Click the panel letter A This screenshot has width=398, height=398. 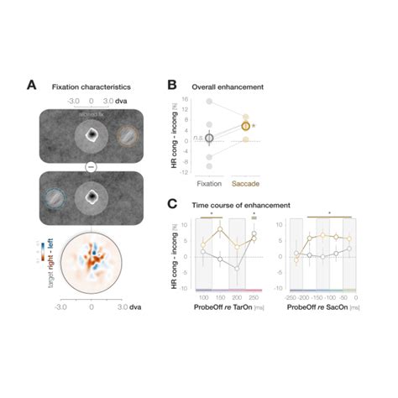(x=31, y=85)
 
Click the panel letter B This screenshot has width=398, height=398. (x=172, y=85)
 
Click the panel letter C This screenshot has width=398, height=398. (x=172, y=204)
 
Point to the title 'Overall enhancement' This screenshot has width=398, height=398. (x=228, y=86)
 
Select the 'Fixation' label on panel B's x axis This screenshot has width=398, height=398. (x=209, y=181)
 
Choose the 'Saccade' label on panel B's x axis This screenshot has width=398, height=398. (x=246, y=181)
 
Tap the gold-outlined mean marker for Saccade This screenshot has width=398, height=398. (x=246, y=126)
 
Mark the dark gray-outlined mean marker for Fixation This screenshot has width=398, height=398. (x=210, y=137)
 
